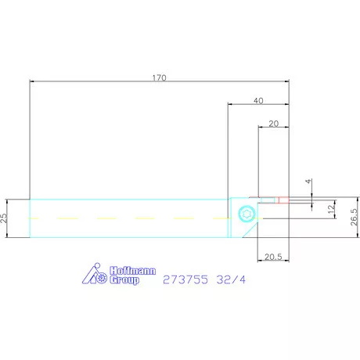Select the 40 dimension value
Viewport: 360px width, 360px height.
point(259,100)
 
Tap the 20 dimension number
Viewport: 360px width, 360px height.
point(273,123)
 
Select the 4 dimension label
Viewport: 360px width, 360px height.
point(309,182)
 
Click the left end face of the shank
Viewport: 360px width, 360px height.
point(30,217)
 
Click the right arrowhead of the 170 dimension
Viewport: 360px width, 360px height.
point(286,81)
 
